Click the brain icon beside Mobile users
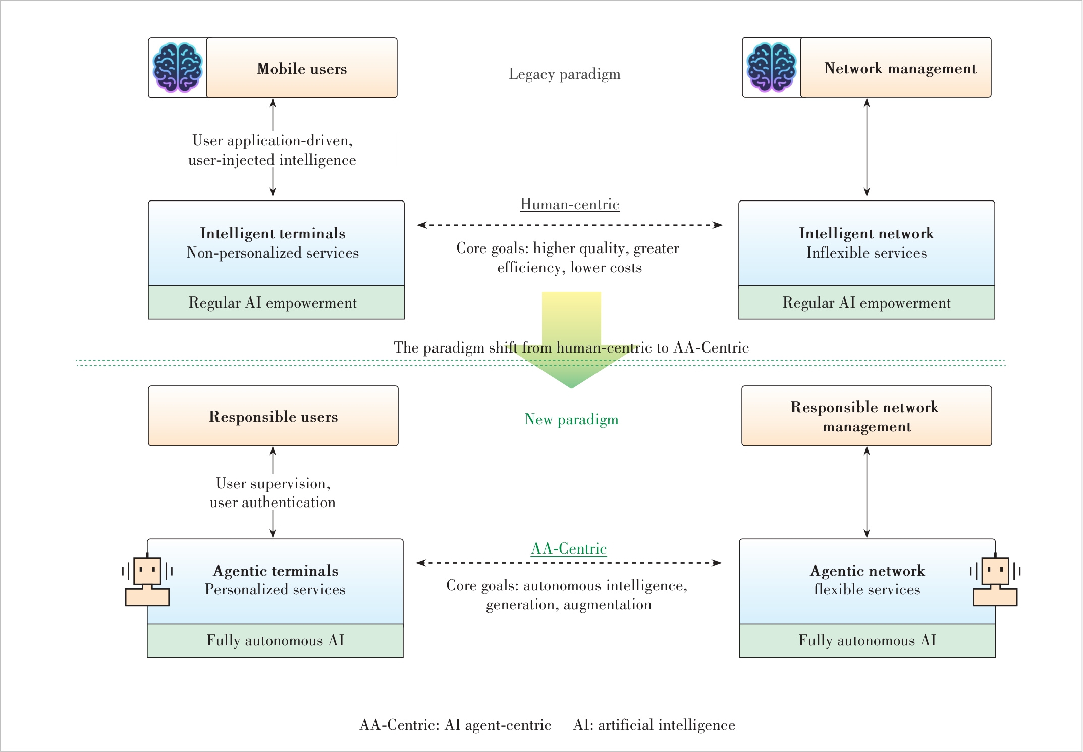tap(178, 68)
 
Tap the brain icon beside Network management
tap(772, 68)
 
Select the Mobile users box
tap(302, 68)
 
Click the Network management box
tap(896, 67)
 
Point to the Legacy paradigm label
tap(564, 74)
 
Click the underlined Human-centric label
tap(570, 204)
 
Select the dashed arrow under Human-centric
tap(570, 225)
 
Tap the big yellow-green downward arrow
tap(571, 339)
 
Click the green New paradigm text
tap(571, 419)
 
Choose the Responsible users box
tap(273, 416)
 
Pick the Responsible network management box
tap(867, 416)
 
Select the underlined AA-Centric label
tap(569, 549)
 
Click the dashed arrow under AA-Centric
tap(569, 563)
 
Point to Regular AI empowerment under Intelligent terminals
tap(273, 303)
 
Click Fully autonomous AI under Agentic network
tap(867, 640)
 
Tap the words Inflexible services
tap(867, 253)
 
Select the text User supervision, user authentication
tap(273, 493)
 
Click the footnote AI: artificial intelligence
tap(654, 725)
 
